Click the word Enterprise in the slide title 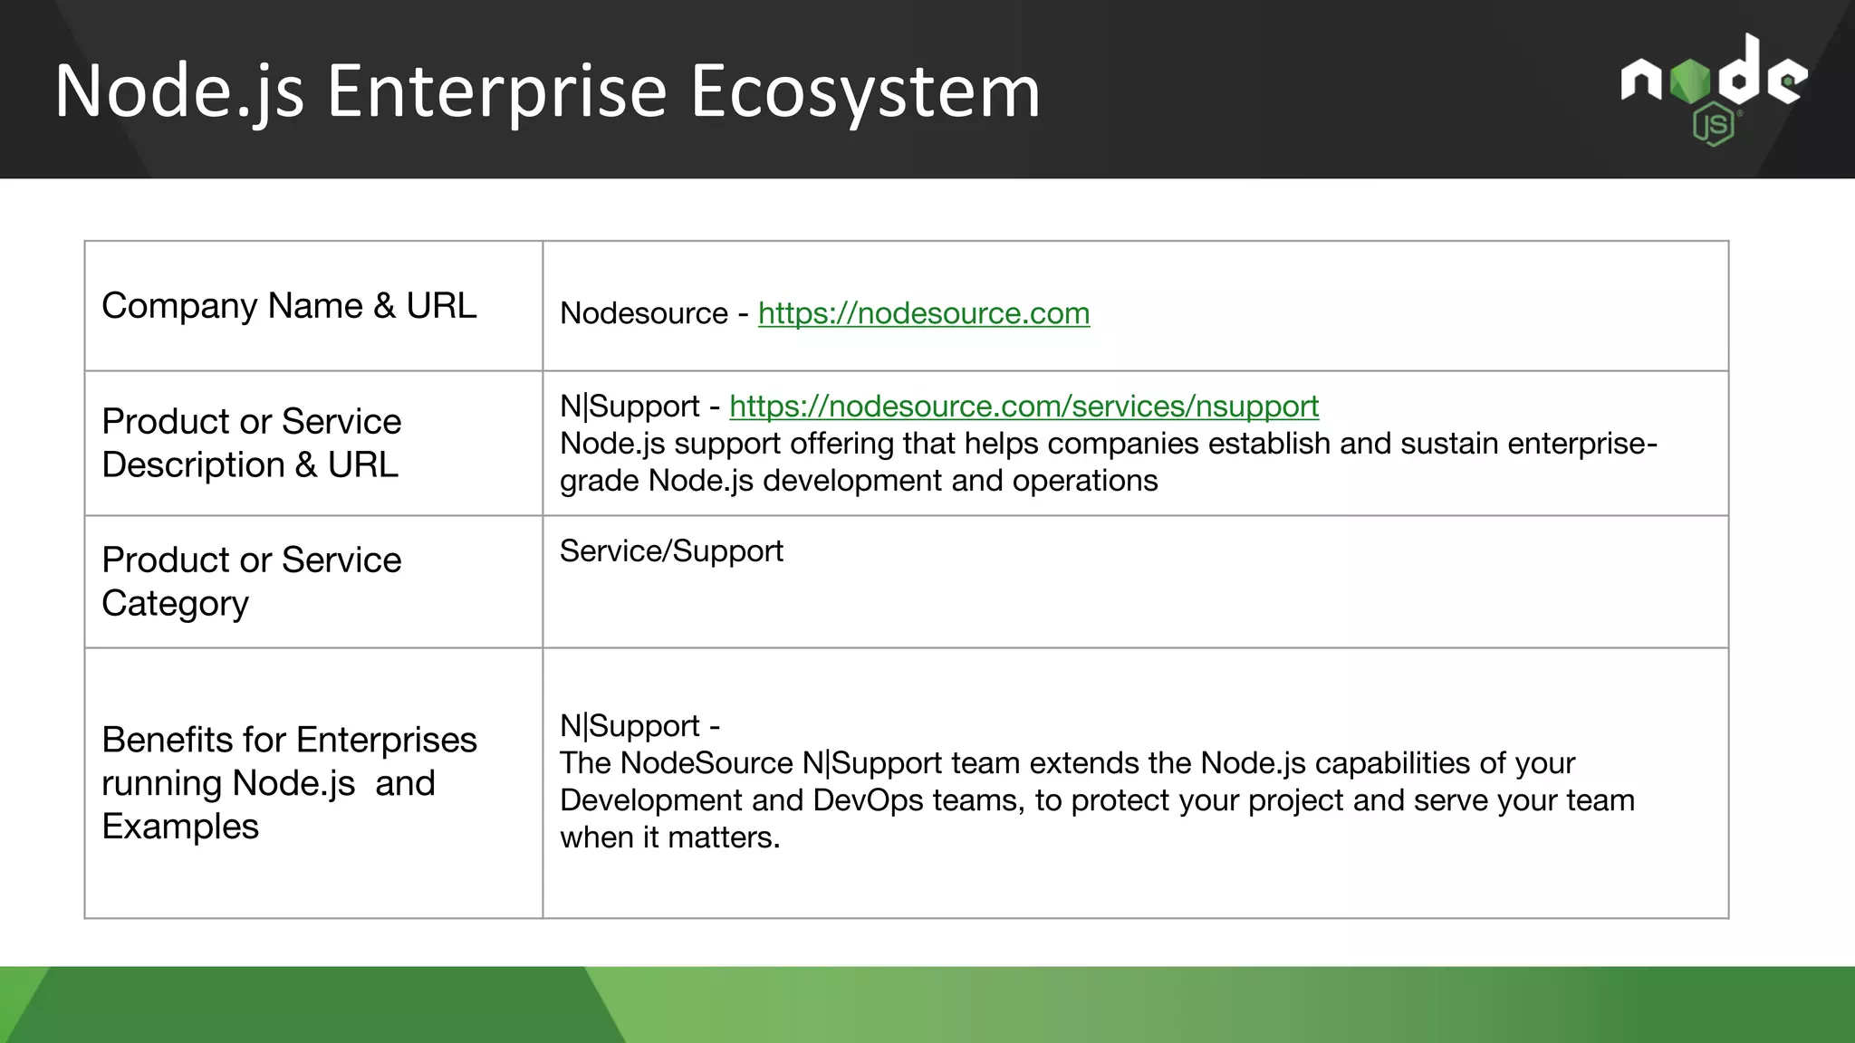[496, 92]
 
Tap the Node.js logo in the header [1714, 81]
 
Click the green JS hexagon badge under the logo [1713, 125]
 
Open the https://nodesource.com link [923, 313]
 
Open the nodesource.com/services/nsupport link [1024, 407]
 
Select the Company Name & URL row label [288, 306]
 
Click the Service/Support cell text [671, 551]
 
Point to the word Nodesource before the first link [643, 313]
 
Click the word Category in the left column [175, 604]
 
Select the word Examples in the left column [180, 827]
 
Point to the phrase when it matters [669, 837]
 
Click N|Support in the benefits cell [630, 726]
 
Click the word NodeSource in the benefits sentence [706, 763]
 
